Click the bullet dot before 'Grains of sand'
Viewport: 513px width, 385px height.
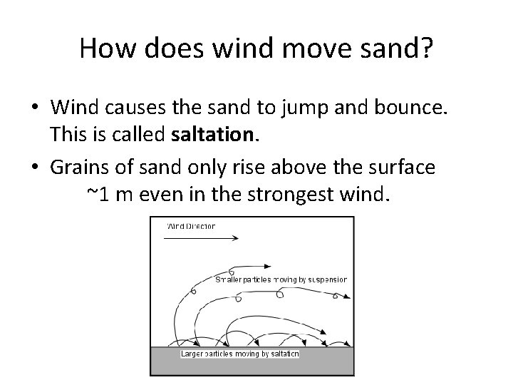click(x=34, y=168)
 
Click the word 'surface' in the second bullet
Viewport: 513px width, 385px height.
click(x=418, y=168)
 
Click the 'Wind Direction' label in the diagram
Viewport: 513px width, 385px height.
click(x=191, y=227)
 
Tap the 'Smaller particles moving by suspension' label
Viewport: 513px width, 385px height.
click(x=281, y=280)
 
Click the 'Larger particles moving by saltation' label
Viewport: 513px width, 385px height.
click(x=239, y=354)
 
